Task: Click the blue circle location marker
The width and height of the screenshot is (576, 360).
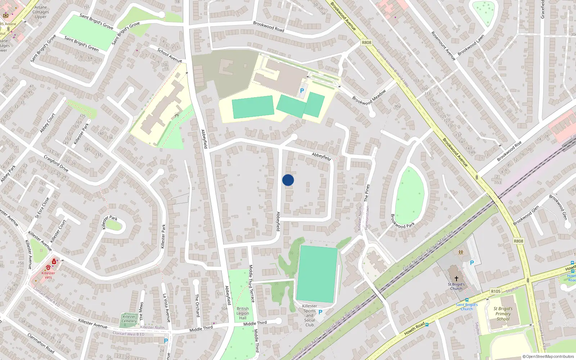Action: [x=288, y=180]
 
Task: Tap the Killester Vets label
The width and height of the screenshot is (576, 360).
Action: [x=48, y=275]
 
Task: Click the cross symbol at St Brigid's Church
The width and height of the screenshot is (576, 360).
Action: [x=456, y=278]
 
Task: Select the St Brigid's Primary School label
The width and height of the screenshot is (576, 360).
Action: [x=503, y=314]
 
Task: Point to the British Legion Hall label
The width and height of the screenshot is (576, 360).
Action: [x=243, y=313]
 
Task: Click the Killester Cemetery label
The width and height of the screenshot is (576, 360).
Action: [x=129, y=319]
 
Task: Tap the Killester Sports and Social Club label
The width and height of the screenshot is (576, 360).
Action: [x=310, y=315]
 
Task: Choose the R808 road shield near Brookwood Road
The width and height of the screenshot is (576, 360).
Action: [x=366, y=42]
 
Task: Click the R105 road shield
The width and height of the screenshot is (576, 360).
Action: [x=496, y=291]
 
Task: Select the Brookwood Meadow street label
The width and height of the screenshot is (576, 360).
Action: [x=369, y=97]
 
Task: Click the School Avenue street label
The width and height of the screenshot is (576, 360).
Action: [x=170, y=55]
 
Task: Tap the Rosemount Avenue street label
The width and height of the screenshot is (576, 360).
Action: [x=444, y=46]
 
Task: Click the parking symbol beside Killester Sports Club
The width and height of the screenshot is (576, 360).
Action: [x=320, y=312]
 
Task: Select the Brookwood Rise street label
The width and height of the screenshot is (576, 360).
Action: [x=509, y=152]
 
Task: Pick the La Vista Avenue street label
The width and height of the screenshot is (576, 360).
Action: [x=166, y=307]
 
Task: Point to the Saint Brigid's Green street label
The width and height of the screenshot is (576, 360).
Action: [x=81, y=43]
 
